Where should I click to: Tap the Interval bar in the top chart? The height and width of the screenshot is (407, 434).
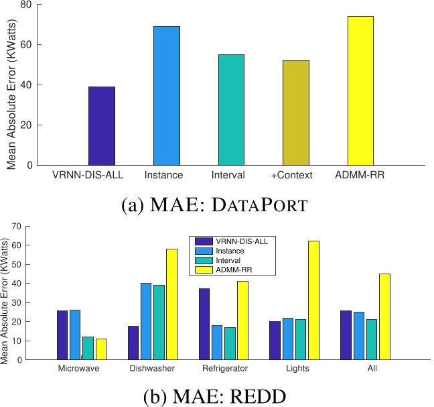coord(231,110)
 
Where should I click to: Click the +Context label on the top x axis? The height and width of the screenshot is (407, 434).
coord(295,176)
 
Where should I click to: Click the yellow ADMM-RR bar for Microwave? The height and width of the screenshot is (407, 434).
coord(101,349)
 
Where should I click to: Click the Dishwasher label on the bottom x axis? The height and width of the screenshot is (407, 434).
coord(152,368)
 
